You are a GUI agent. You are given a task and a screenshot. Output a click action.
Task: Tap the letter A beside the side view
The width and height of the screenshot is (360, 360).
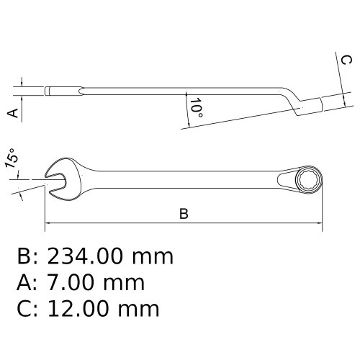[11, 113]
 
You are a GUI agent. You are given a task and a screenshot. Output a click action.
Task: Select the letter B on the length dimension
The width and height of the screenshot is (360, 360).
[184, 214]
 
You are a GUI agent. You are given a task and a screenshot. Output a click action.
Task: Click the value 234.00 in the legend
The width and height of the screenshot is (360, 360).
[91, 256]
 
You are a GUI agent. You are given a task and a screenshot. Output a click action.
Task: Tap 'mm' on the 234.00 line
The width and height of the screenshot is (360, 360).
[154, 256]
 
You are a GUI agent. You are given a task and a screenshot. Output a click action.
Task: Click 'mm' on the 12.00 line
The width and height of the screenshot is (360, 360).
[140, 310]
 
